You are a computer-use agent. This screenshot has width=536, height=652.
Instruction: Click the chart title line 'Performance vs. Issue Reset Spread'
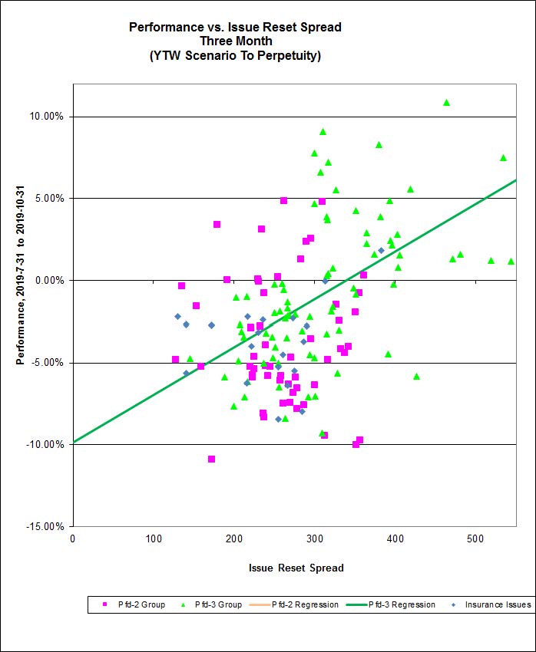(235, 28)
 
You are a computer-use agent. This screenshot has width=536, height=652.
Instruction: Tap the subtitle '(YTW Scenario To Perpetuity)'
(235, 55)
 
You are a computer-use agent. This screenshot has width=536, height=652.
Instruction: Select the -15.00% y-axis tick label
(47, 527)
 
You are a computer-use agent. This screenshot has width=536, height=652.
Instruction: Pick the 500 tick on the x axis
(395, 538)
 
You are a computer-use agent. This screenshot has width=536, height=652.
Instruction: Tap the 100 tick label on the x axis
(154, 538)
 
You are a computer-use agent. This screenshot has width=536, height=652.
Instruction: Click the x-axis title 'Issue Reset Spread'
(296, 568)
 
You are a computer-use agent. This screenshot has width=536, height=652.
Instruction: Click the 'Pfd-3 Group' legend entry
(218, 604)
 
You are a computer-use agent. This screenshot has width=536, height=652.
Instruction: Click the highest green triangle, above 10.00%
(446, 102)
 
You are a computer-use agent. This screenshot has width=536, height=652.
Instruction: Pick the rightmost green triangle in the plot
(511, 261)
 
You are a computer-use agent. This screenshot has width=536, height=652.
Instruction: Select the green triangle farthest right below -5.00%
(416, 376)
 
